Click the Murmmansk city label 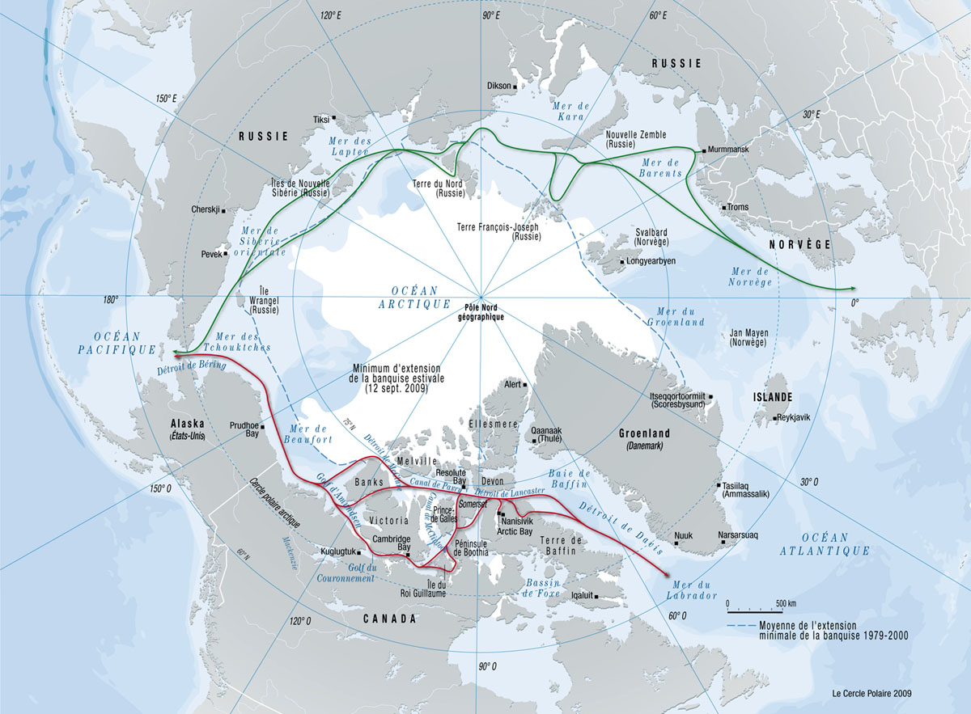(733, 150)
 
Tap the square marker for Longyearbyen (621, 262)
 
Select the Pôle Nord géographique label (485, 312)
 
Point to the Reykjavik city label (799, 418)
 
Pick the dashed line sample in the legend (741, 626)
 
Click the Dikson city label (499, 86)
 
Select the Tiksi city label (321, 120)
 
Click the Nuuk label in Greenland (683, 535)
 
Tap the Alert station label (512, 385)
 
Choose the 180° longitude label (110, 300)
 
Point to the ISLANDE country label (774, 397)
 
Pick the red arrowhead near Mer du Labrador (665, 575)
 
